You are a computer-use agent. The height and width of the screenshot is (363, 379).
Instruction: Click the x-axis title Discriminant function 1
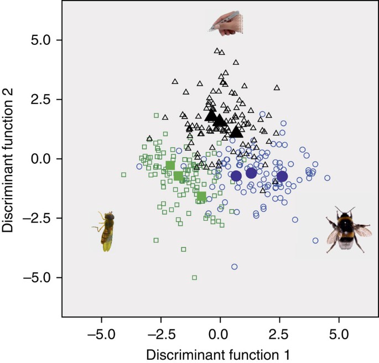click(x=220, y=353)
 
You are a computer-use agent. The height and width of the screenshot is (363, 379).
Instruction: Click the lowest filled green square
click(x=201, y=196)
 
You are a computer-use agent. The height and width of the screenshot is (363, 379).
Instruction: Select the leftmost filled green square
click(x=170, y=165)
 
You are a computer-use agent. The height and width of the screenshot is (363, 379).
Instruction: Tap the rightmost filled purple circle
click(x=282, y=176)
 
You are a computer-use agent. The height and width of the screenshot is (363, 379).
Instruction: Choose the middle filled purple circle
click(x=251, y=173)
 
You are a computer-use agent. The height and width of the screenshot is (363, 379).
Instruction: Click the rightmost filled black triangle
click(x=237, y=132)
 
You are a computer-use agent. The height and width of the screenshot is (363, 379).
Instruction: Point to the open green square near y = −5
click(x=194, y=277)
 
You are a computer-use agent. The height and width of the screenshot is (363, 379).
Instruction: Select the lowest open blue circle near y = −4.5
click(x=235, y=267)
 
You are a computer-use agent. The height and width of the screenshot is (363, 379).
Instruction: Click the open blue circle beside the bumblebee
click(x=315, y=240)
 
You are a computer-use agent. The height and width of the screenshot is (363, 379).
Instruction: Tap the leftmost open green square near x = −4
click(x=124, y=174)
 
